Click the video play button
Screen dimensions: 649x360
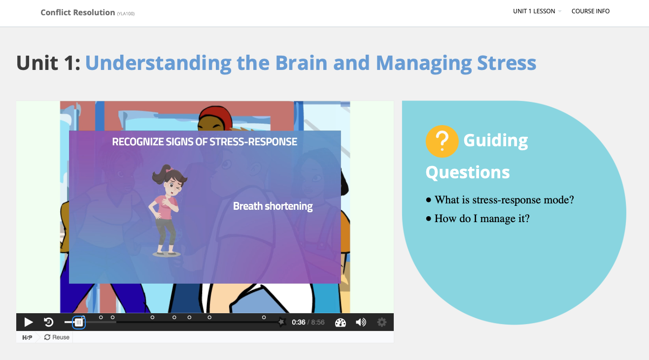point(28,322)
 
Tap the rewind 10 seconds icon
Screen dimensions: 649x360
point(49,322)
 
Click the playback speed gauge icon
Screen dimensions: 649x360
point(341,323)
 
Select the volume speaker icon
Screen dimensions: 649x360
point(361,323)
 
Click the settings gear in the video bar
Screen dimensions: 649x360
point(381,323)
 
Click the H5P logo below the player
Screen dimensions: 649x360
point(27,337)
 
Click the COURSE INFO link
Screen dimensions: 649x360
point(590,11)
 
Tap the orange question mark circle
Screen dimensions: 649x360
point(442,141)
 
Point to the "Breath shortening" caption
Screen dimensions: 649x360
point(273,206)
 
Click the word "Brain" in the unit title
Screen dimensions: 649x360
point(301,63)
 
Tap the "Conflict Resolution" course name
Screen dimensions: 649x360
point(78,12)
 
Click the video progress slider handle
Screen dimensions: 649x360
point(78,323)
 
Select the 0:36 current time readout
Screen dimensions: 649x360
point(299,323)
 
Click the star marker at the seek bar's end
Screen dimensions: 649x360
point(281,322)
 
